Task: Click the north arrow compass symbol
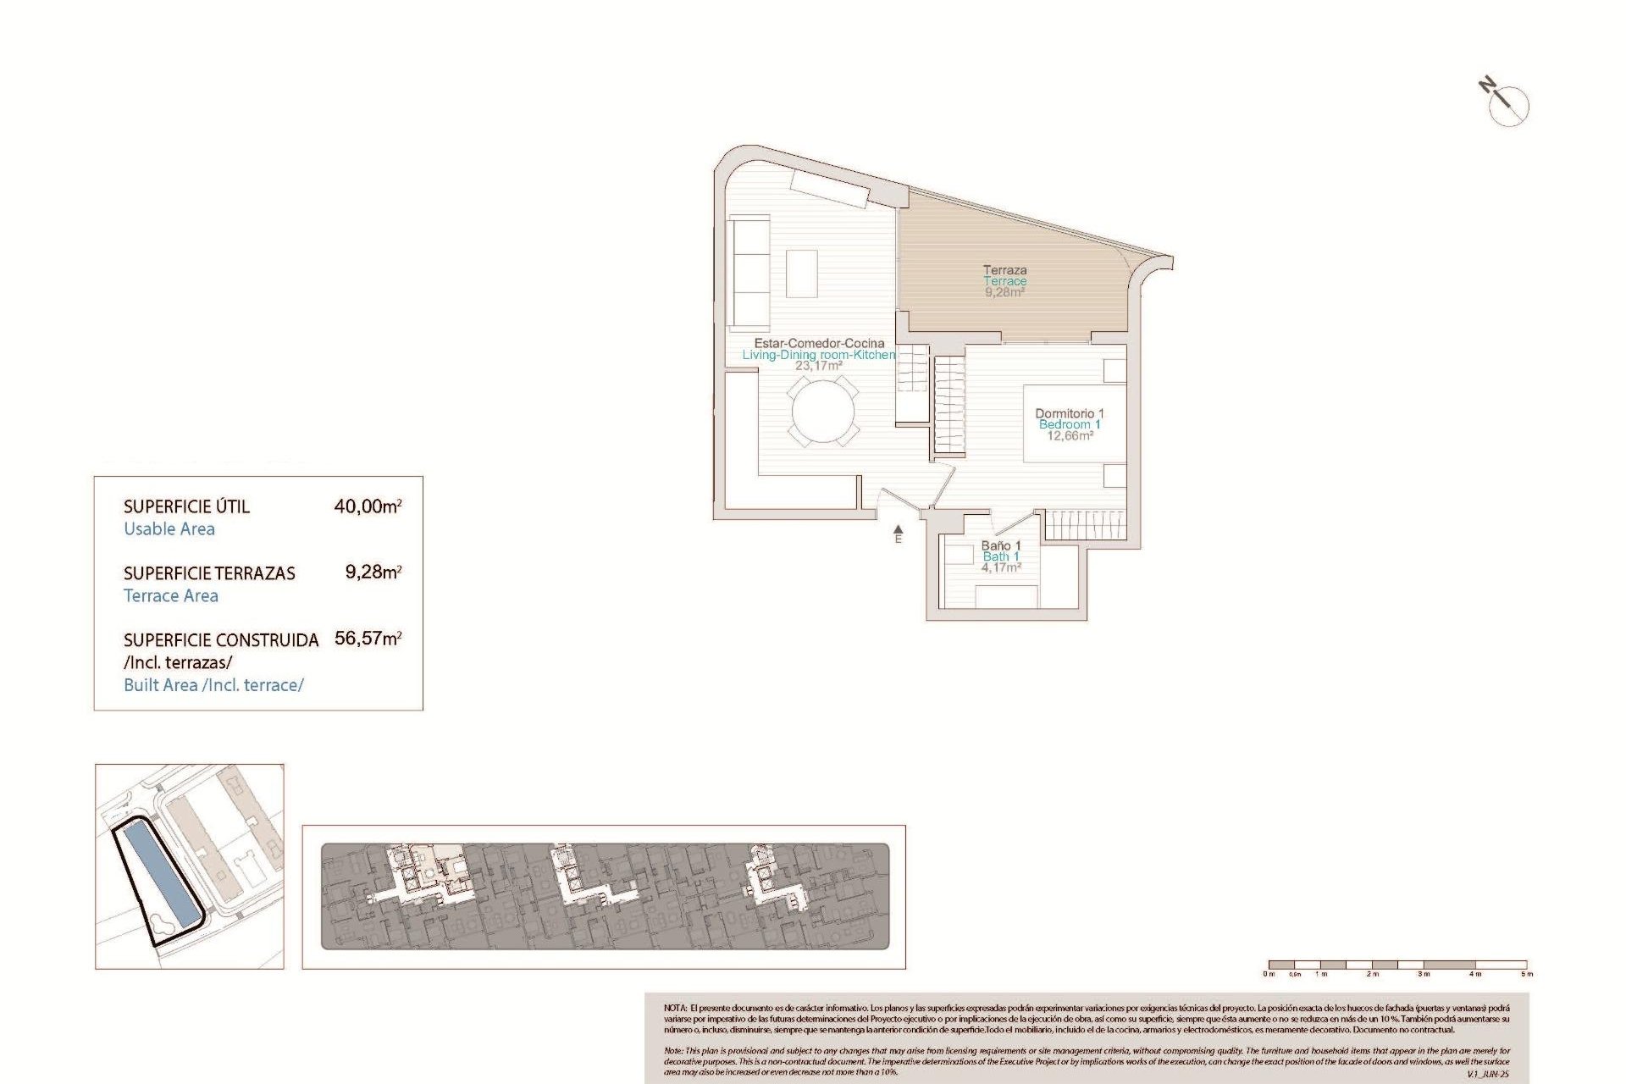1507,103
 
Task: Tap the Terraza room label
1004,270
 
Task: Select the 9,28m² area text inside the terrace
1004,292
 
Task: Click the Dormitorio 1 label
1069,413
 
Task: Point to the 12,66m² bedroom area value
1069,436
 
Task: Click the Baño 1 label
1001,545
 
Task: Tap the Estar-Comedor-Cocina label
819,343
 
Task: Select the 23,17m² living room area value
818,366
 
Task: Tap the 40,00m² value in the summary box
368,506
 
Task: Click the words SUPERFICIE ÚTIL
186,506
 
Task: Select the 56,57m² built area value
368,639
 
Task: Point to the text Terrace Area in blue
171,595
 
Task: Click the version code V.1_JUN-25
1487,1074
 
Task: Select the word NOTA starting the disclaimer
675,1008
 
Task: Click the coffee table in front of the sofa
801,273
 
